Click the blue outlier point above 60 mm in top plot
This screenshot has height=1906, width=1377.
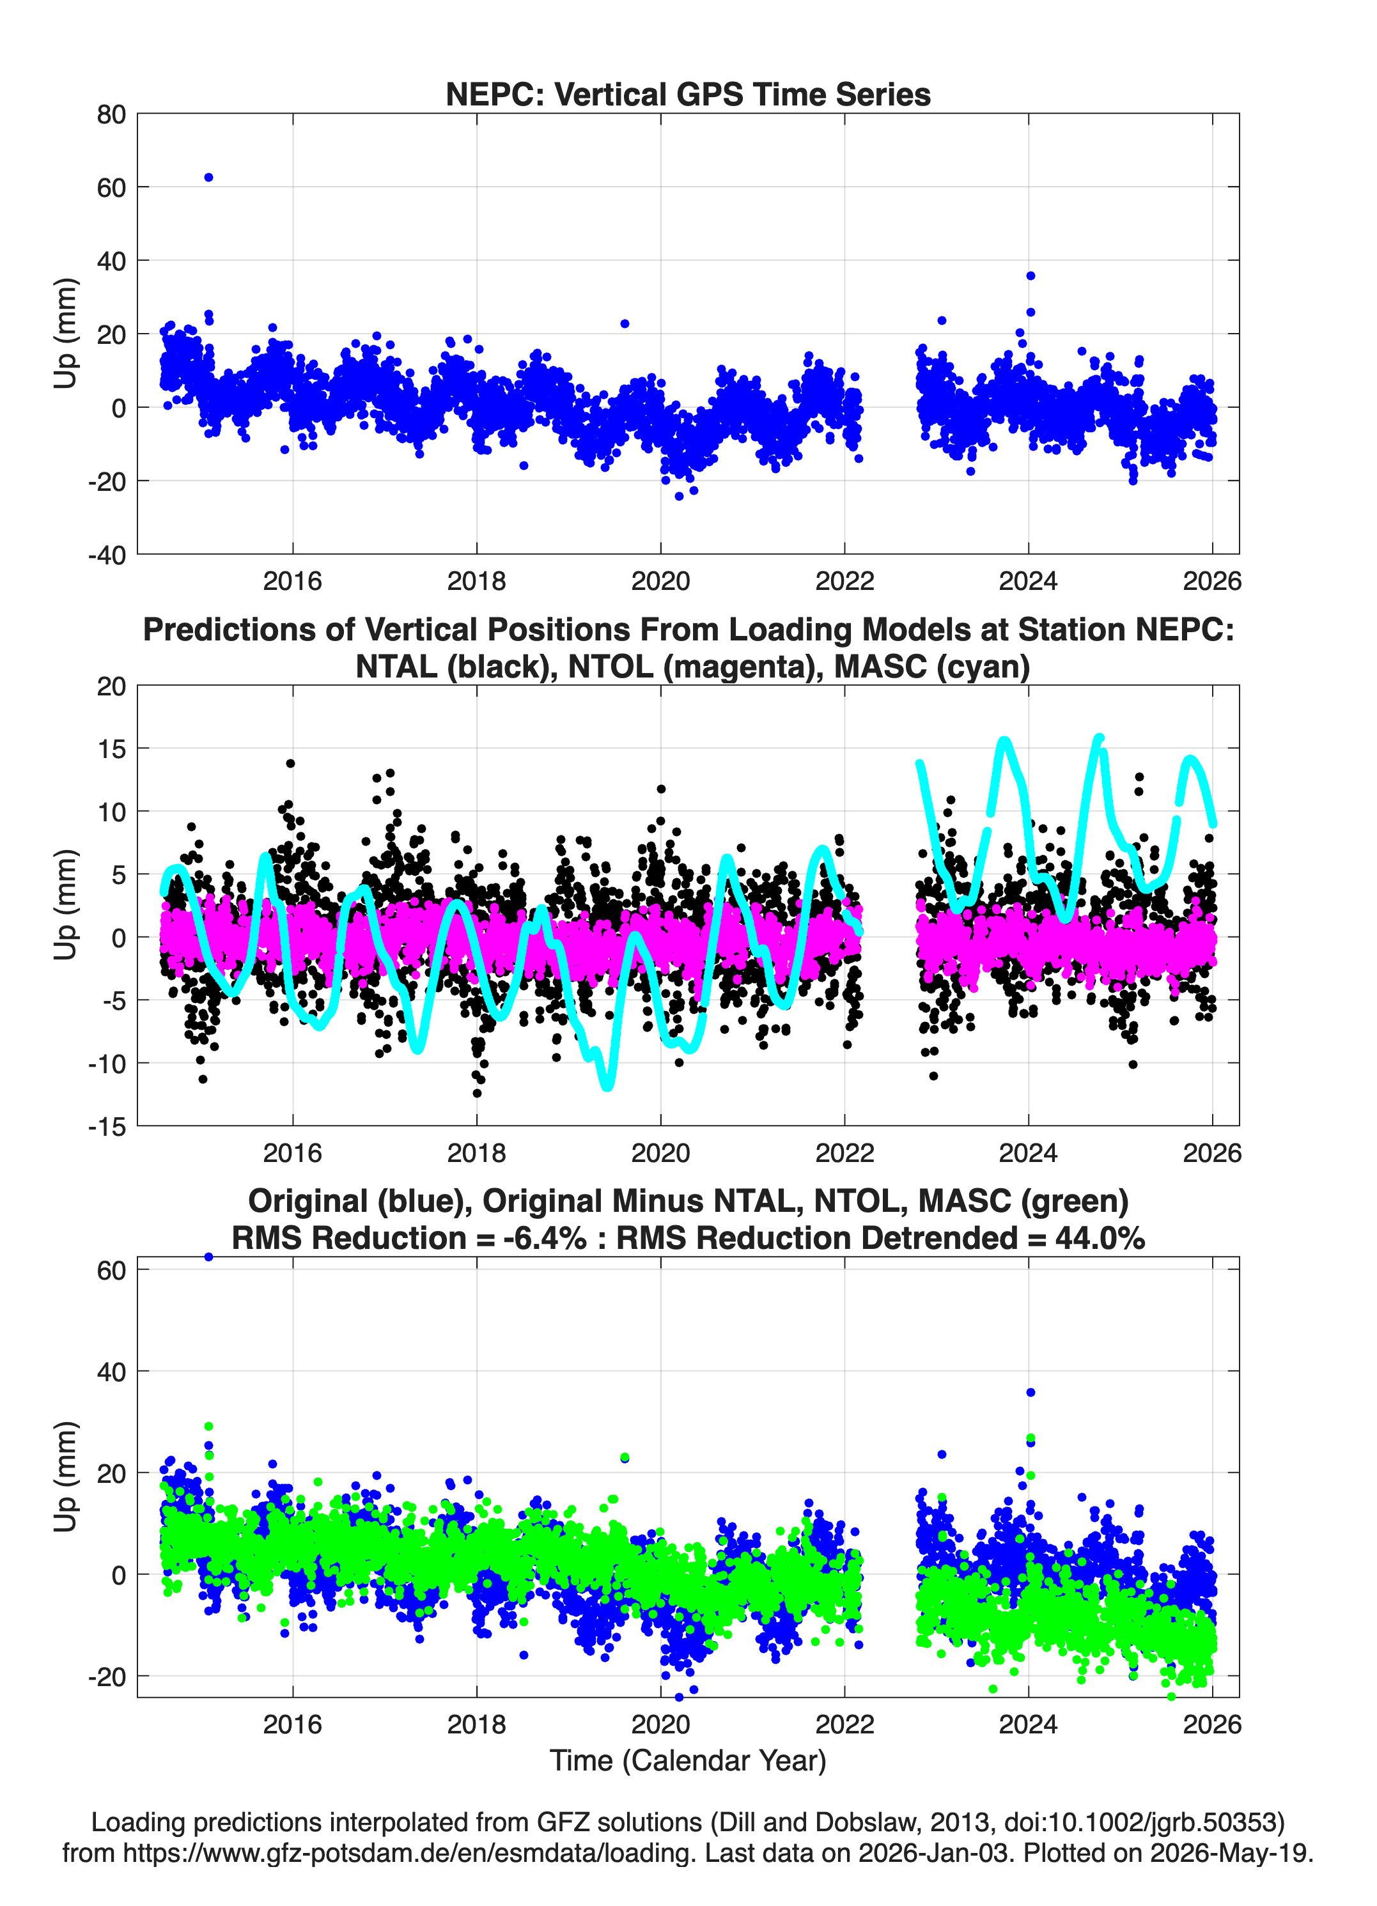pos(208,177)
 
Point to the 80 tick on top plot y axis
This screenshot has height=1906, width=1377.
pos(111,114)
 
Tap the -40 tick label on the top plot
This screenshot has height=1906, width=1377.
pos(107,555)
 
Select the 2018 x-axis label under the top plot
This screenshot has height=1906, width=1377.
pos(477,581)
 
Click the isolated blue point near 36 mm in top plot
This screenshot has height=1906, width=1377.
pos(1031,275)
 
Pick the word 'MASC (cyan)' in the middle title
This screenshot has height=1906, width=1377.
pos(932,667)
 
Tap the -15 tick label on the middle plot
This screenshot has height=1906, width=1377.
pos(107,1127)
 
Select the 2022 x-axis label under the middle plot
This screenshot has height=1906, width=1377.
pos(845,1152)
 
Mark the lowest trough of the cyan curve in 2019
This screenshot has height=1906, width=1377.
pos(607,1086)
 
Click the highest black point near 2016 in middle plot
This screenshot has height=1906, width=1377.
pos(291,763)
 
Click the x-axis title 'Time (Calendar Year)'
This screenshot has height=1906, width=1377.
pos(688,1760)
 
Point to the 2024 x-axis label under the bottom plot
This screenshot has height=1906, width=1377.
pos(1028,1724)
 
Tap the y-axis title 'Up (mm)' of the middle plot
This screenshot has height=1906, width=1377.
pos(66,905)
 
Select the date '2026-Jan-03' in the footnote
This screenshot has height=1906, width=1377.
pos(933,1852)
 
